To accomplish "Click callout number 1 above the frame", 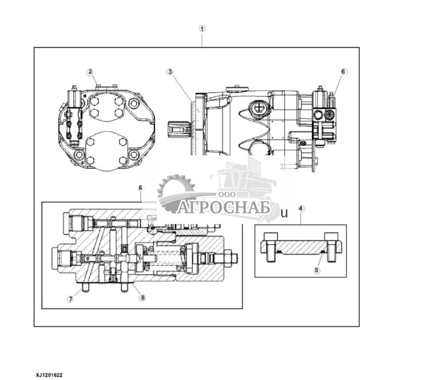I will click(x=203, y=29).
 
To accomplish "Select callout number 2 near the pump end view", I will click(x=90, y=72).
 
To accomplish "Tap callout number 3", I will click(x=169, y=72).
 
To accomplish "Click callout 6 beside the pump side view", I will click(x=343, y=72).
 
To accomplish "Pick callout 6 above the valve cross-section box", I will click(x=140, y=187).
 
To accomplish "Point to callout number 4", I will click(x=301, y=208).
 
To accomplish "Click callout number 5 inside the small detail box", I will click(x=317, y=270).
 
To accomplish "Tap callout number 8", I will click(x=142, y=298).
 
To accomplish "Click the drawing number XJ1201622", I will click(x=49, y=374).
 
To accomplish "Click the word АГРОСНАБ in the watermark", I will click(x=224, y=208).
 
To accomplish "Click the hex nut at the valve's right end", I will click(x=231, y=258).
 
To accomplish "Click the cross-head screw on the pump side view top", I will click(x=258, y=108).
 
